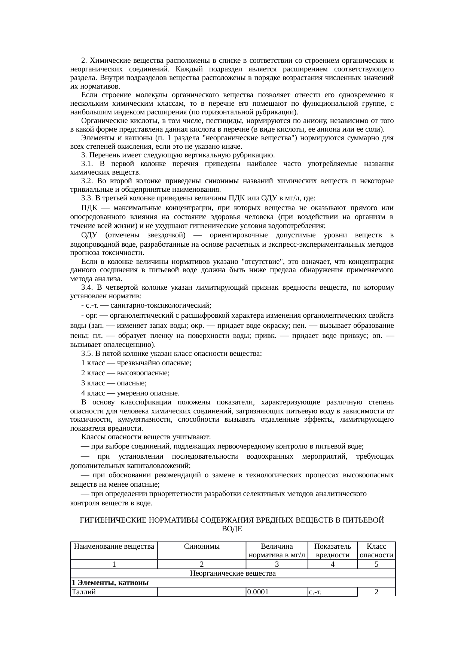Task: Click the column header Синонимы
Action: click(202, 546)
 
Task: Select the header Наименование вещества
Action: click(114, 546)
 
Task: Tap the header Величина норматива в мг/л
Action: click(277, 551)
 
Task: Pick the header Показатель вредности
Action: click(333, 551)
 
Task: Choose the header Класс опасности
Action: click(376, 551)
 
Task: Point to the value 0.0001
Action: click(258, 592)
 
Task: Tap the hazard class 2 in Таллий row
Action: click(376, 592)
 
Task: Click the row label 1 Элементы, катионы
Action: click(110, 583)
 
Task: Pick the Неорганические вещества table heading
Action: click(233, 573)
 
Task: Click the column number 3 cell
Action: click(277, 564)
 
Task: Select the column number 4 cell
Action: click(333, 564)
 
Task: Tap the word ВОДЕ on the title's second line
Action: click(232, 529)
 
